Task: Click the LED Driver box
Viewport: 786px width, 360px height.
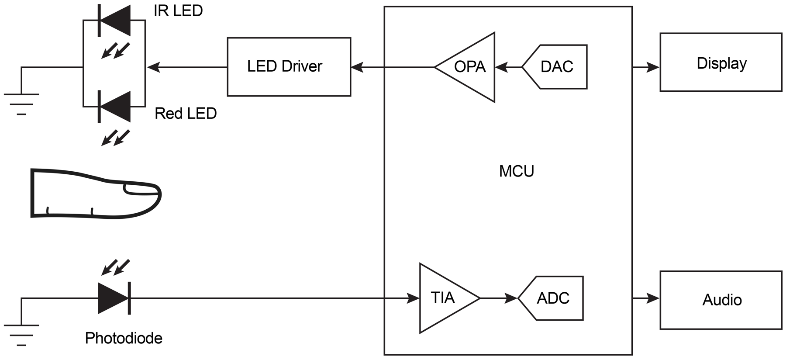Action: [289, 67]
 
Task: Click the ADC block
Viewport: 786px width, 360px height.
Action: [552, 298]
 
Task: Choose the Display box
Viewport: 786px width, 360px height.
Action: [720, 62]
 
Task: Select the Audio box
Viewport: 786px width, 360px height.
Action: [720, 300]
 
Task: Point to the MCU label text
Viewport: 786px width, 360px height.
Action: [516, 171]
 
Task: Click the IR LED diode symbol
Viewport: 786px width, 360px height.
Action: [114, 21]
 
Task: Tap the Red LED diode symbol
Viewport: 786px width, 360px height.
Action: [114, 106]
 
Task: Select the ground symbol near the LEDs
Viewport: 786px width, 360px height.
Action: [21, 104]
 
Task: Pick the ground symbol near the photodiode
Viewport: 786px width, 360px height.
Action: [21, 335]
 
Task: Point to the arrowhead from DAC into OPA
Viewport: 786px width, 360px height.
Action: [501, 67]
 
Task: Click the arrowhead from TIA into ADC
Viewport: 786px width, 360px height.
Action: [511, 298]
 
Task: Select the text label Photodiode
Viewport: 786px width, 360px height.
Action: [124, 338]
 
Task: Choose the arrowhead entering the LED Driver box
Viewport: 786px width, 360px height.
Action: [357, 67]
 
